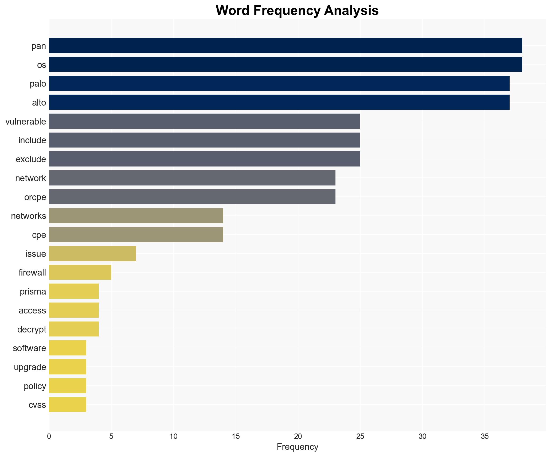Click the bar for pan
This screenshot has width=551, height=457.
tap(285, 46)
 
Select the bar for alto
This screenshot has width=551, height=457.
tap(279, 102)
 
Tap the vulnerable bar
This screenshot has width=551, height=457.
tap(205, 121)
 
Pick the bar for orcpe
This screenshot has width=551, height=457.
tap(192, 197)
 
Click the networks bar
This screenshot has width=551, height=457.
tap(136, 216)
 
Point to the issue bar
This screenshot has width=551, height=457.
tap(92, 254)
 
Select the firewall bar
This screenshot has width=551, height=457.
tap(80, 273)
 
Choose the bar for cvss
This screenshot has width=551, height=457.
tap(68, 405)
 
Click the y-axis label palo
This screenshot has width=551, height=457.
tap(38, 84)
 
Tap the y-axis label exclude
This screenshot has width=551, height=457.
tap(31, 159)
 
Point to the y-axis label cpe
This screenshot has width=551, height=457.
tap(39, 235)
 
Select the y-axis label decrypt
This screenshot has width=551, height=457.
tap(32, 330)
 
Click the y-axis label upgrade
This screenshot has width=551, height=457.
tap(30, 367)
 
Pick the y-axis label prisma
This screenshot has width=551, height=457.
tap(33, 292)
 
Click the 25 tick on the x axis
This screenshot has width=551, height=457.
tap(360, 436)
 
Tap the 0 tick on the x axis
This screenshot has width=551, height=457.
tap(49, 436)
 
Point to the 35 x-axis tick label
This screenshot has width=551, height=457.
tap(484, 436)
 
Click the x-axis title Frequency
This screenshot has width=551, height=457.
tap(297, 447)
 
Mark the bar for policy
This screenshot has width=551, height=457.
tap(68, 386)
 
